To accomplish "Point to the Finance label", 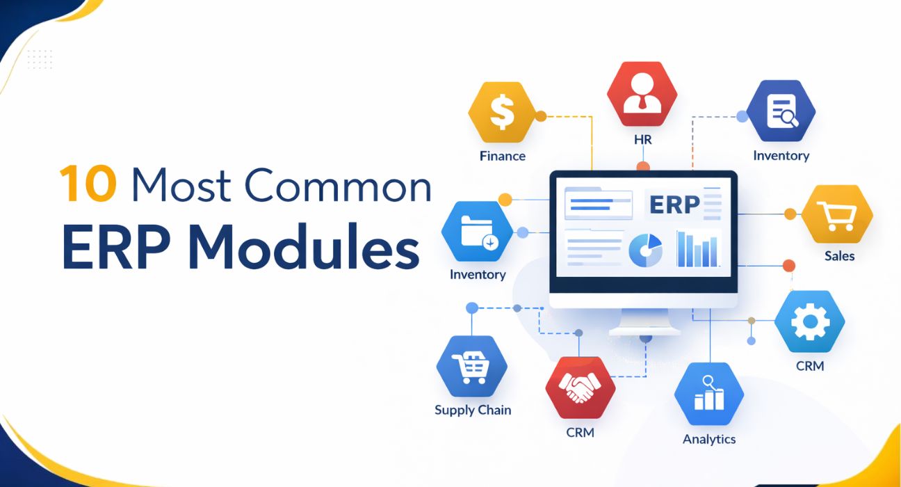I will point(502,156).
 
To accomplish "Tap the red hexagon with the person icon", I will point(642,94).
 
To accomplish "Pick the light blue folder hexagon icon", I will point(477,232).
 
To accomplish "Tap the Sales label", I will point(839,256).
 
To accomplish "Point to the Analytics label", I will point(708,439).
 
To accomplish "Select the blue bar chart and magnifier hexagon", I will point(709,393).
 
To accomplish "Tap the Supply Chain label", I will point(472,410).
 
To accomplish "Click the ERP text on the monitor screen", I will point(673,205).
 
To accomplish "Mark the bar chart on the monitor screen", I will point(697,249).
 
